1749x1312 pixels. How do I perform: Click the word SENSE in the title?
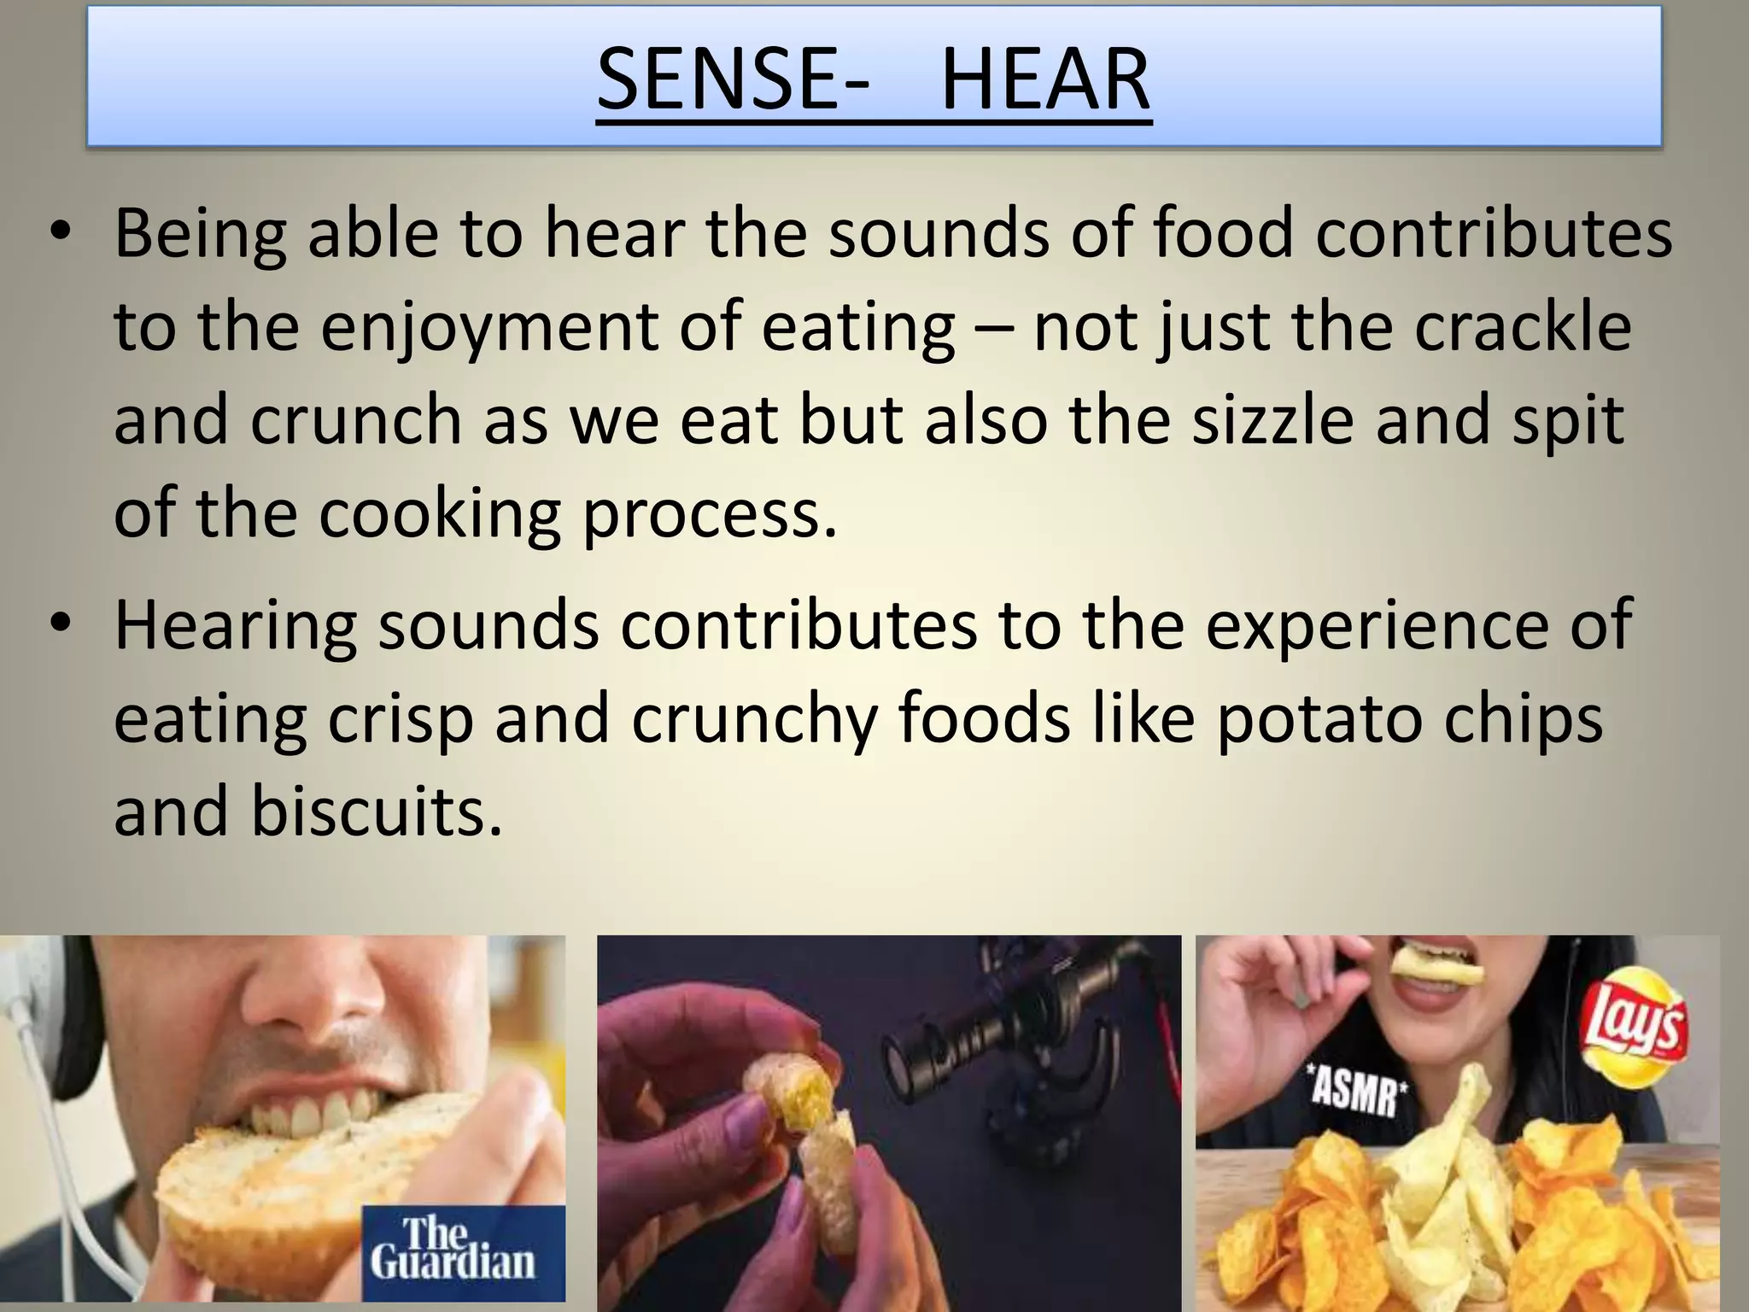(722, 79)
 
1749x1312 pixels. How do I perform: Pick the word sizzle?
(1272, 419)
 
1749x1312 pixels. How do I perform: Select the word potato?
(1319, 718)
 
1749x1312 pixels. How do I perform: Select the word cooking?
(439, 513)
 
